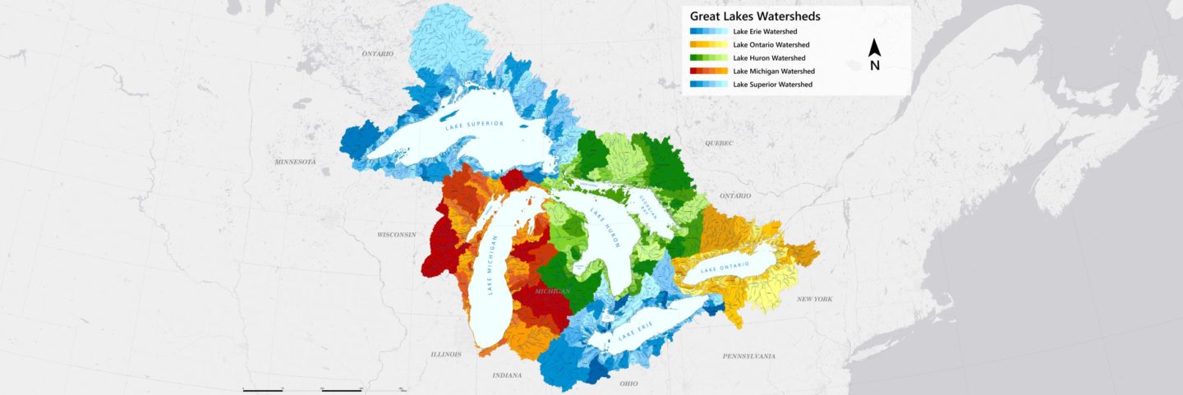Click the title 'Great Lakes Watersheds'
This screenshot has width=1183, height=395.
(755, 16)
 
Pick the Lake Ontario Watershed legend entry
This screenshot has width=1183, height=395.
(771, 44)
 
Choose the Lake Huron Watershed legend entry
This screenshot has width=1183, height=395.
(769, 58)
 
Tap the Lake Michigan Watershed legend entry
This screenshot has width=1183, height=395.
(773, 71)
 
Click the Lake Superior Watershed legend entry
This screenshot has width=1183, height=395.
(772, 85)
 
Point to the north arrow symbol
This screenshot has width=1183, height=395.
(875, 55)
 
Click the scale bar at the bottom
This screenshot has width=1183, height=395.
(321, 388)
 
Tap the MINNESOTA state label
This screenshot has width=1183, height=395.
(295, 162)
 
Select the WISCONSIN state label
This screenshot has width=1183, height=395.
(397, 235)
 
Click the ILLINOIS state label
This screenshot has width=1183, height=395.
(446, 355)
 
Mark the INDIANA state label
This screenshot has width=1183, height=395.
(507, 375)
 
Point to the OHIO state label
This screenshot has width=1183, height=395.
(628, 384)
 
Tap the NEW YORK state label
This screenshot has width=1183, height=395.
(814, 299)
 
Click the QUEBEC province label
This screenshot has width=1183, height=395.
(718, 142)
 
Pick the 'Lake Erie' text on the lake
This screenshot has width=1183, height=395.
(638, 329)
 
